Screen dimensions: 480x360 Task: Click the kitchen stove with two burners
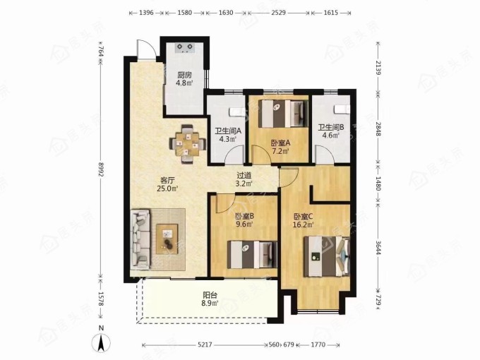(x=185, y=48)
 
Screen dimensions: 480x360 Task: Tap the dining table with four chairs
(x=187, y=144)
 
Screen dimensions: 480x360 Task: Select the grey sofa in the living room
(x=140, y=239)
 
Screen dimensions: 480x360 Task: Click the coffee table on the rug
(x=167, y=239)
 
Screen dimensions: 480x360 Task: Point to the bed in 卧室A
(x=283, y=114)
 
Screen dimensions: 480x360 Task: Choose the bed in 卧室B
(x=252, y=255)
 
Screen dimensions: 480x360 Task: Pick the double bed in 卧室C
(x=326, y=256)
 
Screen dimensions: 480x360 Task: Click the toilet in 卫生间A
(x=237, y=112)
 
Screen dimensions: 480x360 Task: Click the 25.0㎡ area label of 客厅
(x=167, y=188)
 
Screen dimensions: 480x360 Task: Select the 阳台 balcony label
(x=210, y=295)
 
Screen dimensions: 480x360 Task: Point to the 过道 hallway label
(x=244, y=176)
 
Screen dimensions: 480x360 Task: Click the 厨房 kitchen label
(x=184, y=75)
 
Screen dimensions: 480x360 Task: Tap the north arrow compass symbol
(x=102, y=341)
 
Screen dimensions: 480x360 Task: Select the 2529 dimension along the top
(x=279, y=13)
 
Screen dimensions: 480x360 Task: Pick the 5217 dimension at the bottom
(x=205, y=344)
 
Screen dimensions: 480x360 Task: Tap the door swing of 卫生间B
(x=325, y=155)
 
